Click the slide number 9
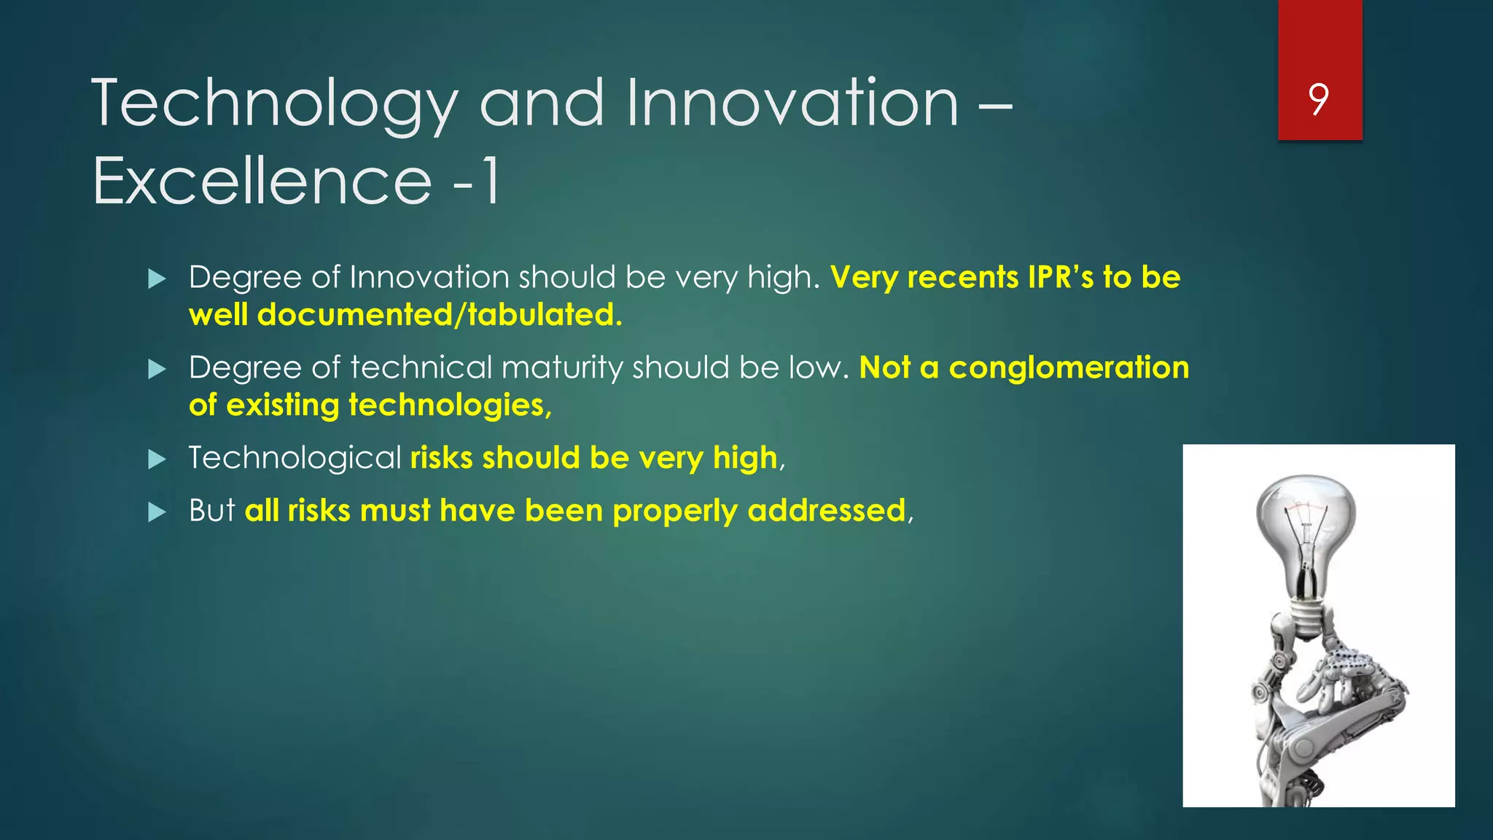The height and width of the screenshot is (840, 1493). pos(1318,99)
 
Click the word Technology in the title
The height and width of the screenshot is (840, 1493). pos(274,104)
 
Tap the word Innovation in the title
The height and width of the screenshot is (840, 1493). pos(792,104)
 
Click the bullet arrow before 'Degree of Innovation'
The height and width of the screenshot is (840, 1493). pos(157,279)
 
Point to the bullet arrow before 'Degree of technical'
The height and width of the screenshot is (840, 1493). pos(157,369)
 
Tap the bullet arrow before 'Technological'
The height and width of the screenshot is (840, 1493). pos(157,459)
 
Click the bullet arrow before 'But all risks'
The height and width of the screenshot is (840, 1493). pos(157,512)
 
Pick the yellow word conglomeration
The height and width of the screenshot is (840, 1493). pos(1069,367)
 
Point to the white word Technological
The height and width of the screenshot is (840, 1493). pos(295,458)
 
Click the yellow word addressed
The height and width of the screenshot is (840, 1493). pos(827,510)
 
